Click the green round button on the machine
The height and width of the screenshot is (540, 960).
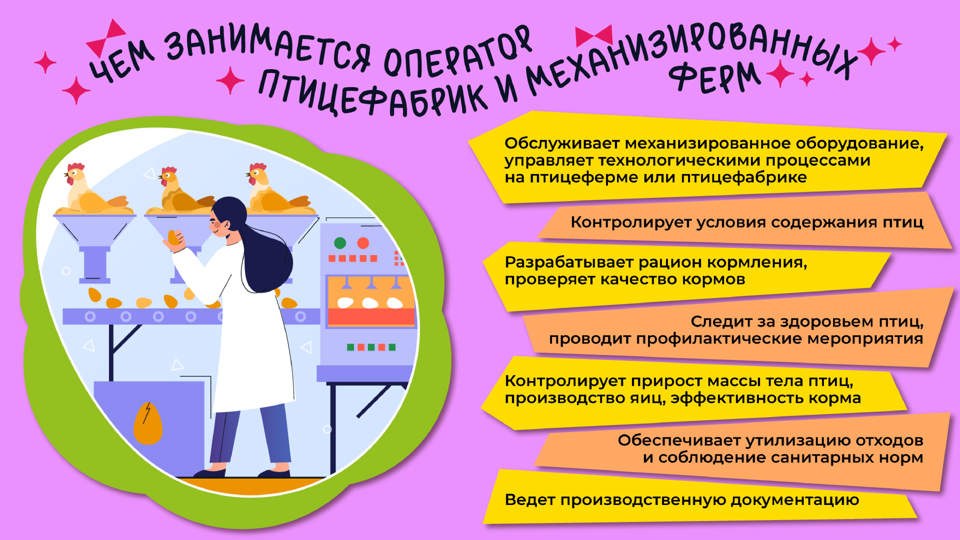(340, 243)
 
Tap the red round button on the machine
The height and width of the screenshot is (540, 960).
(363, 243)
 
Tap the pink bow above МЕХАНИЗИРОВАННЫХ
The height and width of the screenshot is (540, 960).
(594, 36)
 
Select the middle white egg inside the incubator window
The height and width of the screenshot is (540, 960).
(370, 303)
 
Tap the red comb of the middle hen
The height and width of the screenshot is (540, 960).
(169, 171)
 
